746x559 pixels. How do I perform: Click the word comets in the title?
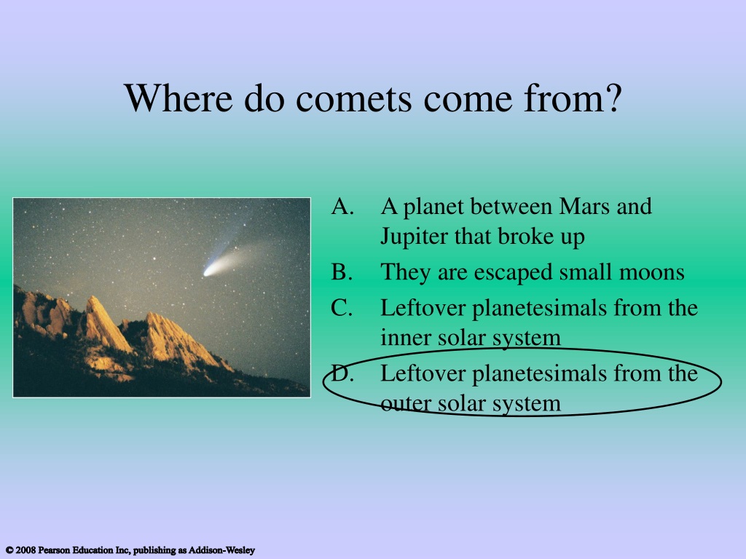click(x=353, y=100)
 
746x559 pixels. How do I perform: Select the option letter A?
click(x=342, y=206)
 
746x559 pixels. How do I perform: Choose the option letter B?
click(x=342, y=272)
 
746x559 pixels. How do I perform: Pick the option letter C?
click(x=342, y=308)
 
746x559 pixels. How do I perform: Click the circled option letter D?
click(x=342, y=373)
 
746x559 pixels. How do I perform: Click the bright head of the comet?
click(x=209, y=271)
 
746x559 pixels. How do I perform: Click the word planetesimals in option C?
click(x=540, y=309)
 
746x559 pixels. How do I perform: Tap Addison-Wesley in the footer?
click(x=221, y=550)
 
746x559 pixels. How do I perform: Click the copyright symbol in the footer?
click(x=9, y=550)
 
